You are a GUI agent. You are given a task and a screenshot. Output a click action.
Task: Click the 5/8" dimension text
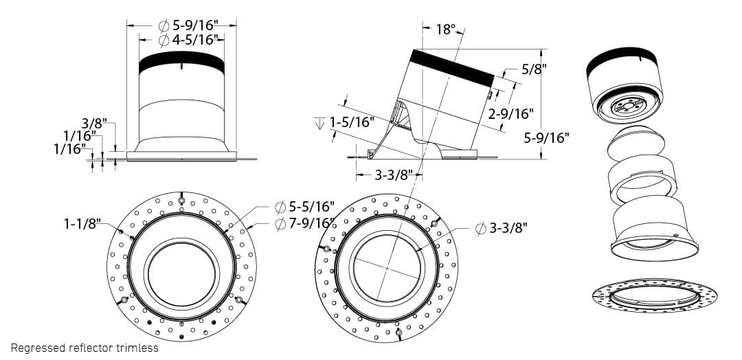click(x=534, y=69)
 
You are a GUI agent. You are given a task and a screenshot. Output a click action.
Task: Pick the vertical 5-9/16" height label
click(x=547, y=137)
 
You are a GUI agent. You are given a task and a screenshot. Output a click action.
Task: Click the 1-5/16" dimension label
click(x=351, y=122)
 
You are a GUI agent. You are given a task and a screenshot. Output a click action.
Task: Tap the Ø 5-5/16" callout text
click(x=304, y=207)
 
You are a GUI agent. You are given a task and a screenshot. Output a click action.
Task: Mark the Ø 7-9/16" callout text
click(x=304, y=223)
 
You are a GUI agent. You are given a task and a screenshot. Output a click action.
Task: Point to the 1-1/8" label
click(x=82, y=223)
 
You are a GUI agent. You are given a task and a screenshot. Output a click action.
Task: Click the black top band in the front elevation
click(x=181, y=63)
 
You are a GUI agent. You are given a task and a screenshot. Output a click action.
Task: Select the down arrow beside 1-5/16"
click(x=319, y=124)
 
